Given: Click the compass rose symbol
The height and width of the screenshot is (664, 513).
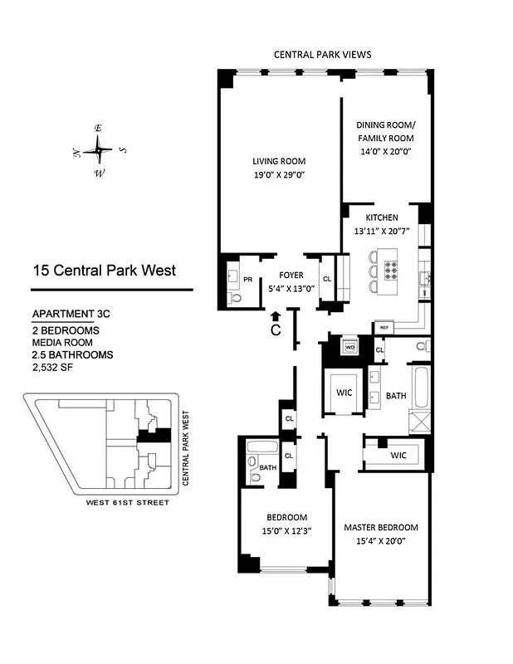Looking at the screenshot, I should [98, 150].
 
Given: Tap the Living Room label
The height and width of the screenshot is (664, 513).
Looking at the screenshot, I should [279, 161].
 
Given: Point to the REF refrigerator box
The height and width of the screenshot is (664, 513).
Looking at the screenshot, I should [384, 328].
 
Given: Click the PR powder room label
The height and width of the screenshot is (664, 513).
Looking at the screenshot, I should [247, 280].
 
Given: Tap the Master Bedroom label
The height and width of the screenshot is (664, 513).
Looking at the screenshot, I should [381, 527].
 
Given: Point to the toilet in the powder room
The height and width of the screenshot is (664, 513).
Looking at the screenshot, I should [234, 296].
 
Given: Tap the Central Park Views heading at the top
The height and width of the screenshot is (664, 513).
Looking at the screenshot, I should [322, 54].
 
